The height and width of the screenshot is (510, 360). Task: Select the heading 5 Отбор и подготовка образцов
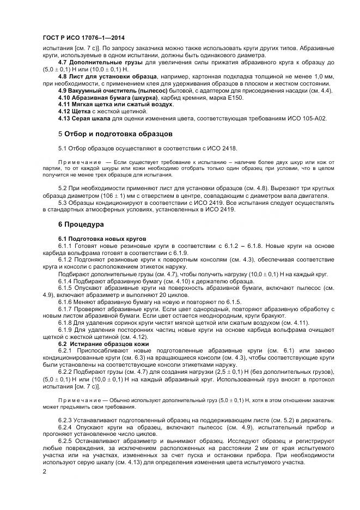coord(115,133)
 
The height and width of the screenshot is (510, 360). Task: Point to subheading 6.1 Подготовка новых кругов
coord(103,239)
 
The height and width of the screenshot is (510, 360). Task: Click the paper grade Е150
coord(235,98)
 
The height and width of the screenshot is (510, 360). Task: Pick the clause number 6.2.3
coord(67,421)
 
